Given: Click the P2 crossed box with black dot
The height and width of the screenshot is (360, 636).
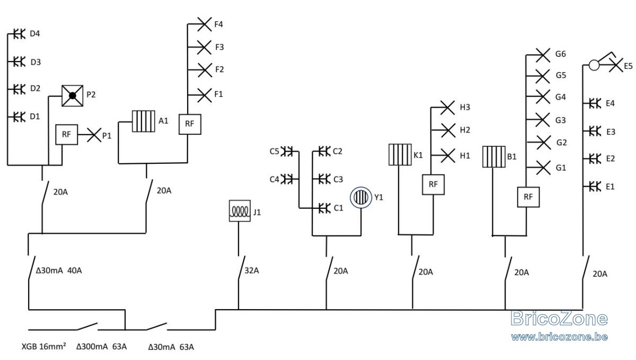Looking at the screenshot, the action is click(x=73, y=96).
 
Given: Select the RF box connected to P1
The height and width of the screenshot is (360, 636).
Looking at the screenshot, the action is click(x=66, y=134).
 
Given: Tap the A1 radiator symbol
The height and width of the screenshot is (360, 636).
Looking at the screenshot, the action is click(x=144, y=121).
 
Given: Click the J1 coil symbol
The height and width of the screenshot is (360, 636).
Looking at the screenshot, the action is click(x=240, y=211).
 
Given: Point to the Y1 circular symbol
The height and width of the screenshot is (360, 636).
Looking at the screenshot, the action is click(x=361, y=197).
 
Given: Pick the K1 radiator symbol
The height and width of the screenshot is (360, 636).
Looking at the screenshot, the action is click(x=400, y=155).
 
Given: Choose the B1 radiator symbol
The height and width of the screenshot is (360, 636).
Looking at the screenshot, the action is click(x=494, y=156).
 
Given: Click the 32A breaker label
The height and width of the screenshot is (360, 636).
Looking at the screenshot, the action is click(x=252, y=270).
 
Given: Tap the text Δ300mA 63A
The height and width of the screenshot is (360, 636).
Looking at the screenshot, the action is click(x=101, y=347).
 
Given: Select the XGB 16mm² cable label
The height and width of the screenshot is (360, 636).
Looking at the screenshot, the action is click(x=43, y=346).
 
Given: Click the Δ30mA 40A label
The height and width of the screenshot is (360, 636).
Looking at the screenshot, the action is click(x=59, y=270).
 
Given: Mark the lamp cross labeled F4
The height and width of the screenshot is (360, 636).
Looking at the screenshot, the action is click(x=204, y=24).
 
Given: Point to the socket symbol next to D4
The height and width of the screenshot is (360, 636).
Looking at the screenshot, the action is click(x=19, y=34).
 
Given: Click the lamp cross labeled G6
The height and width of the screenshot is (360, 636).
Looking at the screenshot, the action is click(x=543, y=55).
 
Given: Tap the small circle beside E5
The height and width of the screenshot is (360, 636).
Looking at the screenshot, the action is click(x=594, y=65).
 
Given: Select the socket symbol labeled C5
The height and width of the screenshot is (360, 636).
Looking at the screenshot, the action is click(x=287, y=152).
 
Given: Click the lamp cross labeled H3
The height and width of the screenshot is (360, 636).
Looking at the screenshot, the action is click(x=447, y=108).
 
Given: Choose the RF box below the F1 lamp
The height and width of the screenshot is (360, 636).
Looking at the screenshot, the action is click(x=190, y=124).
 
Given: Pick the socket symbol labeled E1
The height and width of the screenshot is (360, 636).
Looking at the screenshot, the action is click(x=595, y=187).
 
